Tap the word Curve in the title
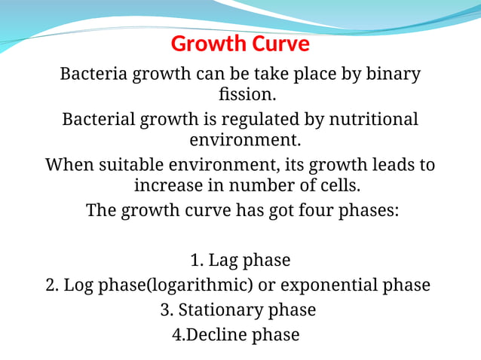278,44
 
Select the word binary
393,75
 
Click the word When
69,164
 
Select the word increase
170,185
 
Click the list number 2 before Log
51,285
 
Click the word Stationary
226,310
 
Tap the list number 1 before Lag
196,261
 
